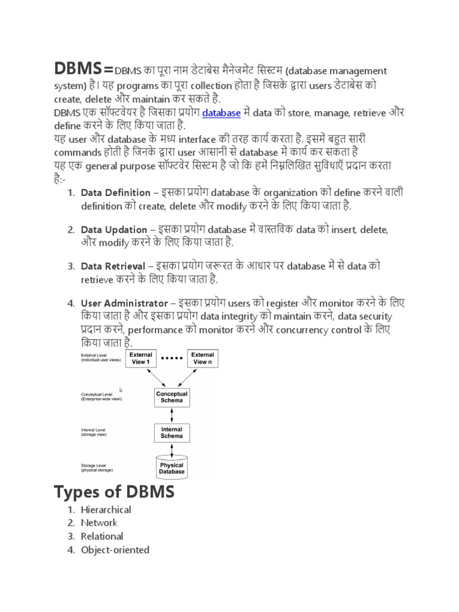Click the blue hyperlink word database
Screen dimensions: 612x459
point(221,112)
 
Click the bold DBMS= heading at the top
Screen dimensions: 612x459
point(84,69)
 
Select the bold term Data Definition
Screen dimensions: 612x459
point(116,192)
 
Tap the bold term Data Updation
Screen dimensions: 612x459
point(114,229)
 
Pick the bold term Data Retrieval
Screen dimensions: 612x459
point(113,266)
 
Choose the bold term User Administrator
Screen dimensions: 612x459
point(124,303)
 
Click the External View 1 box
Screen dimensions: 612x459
point(140,359)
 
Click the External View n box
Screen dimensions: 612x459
point(203,359)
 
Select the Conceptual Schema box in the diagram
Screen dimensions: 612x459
point(172,397)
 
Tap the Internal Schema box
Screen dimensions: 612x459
point(172,433)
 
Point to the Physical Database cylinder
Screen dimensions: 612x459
point(172,467)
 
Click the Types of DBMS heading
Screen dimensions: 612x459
point(114,492)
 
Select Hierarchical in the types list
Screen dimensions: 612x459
point(106,510)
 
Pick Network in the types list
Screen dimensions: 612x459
point(99,523)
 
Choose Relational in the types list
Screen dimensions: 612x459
point(102,536)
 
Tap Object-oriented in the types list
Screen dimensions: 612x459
point(115,550)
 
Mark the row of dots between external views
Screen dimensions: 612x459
point(172,359)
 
